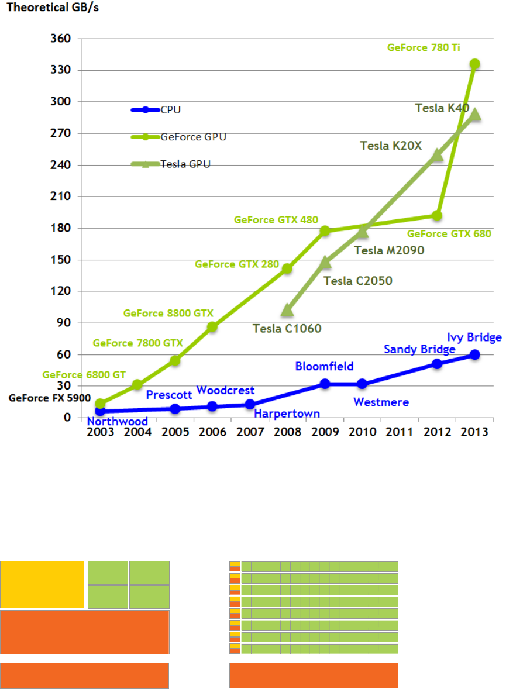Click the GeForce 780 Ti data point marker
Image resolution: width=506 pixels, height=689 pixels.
pos(475,64)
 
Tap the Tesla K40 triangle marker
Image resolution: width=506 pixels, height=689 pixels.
pos(475,115)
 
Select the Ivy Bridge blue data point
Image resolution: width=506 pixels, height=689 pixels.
pos(475,354)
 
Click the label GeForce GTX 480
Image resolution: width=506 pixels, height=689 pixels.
pos(276,221)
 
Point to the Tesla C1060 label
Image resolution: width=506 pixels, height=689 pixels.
pos(287,328)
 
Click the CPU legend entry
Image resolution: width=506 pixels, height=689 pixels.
pos(170,109)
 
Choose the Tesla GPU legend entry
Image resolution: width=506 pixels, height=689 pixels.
pos(185,164)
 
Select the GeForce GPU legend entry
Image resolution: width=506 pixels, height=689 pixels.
pos(193,137)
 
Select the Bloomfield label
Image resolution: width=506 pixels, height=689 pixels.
pos(324,367)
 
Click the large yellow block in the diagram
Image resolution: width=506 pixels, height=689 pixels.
pos(42,584)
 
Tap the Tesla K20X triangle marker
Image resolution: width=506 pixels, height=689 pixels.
pos(438,155)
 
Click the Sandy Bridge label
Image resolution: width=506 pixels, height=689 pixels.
pos(419,349)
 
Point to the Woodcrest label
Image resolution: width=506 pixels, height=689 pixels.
pos(225,390)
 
